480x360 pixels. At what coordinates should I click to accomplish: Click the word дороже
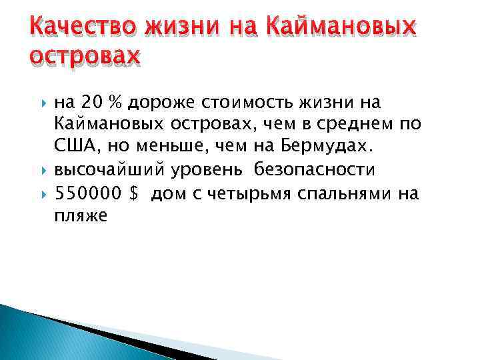tap(159, 102)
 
